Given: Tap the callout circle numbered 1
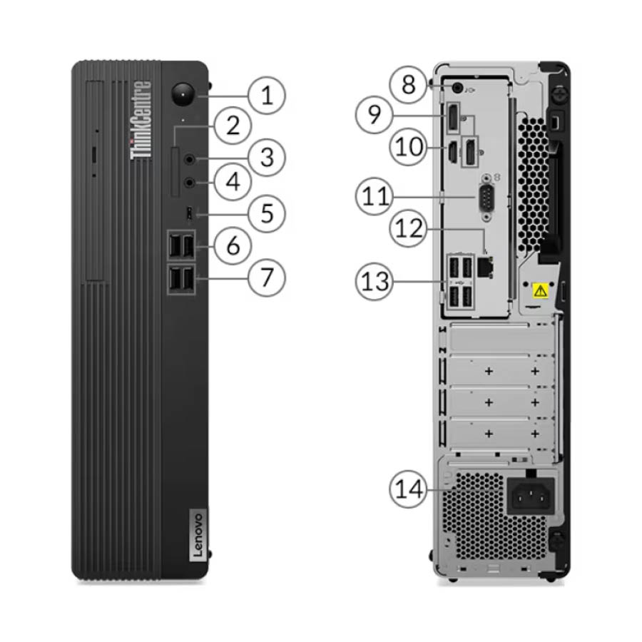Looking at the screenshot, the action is tap(267, 95).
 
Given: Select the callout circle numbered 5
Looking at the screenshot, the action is tap(267, 213).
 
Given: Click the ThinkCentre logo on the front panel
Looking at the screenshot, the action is tap(141, 120).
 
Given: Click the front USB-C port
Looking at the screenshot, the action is tap(189, 213).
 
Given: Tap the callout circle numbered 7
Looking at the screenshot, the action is tap(267, 277).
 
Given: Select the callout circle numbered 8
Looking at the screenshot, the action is tap(408, 84).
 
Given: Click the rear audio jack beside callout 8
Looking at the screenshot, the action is tap(457, 87).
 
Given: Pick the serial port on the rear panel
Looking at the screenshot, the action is tap(486, 198).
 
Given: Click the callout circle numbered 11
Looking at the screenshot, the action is tap(374, 195).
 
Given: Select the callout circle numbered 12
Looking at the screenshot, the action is tap(408, 228).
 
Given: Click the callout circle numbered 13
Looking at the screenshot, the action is tap(374, 281).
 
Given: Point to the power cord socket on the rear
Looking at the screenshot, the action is tap(531, 496).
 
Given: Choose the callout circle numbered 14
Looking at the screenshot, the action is tap(408, 489).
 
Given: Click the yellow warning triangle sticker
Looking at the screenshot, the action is tap(541, 291).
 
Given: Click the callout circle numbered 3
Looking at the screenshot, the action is tap(267, 157).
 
